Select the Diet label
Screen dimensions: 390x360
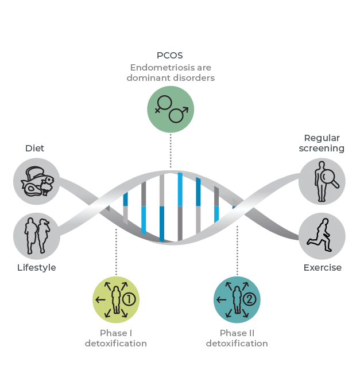coord(34,148)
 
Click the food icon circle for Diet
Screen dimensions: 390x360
coord(36,182)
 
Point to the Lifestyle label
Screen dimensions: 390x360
coord(37,268)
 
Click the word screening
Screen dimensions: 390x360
coord(322,149)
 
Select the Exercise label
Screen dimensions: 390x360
coord(322,268)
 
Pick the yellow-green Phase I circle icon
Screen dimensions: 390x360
coord(116,299)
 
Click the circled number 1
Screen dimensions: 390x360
coord(130,299)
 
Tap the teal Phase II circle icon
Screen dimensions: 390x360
coord(237,299)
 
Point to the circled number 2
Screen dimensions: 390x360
coord(250,299)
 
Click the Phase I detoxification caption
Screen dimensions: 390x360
coord(116,338)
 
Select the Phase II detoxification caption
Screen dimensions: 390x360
coord(237,338)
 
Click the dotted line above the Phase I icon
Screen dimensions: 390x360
coord(116,252)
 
